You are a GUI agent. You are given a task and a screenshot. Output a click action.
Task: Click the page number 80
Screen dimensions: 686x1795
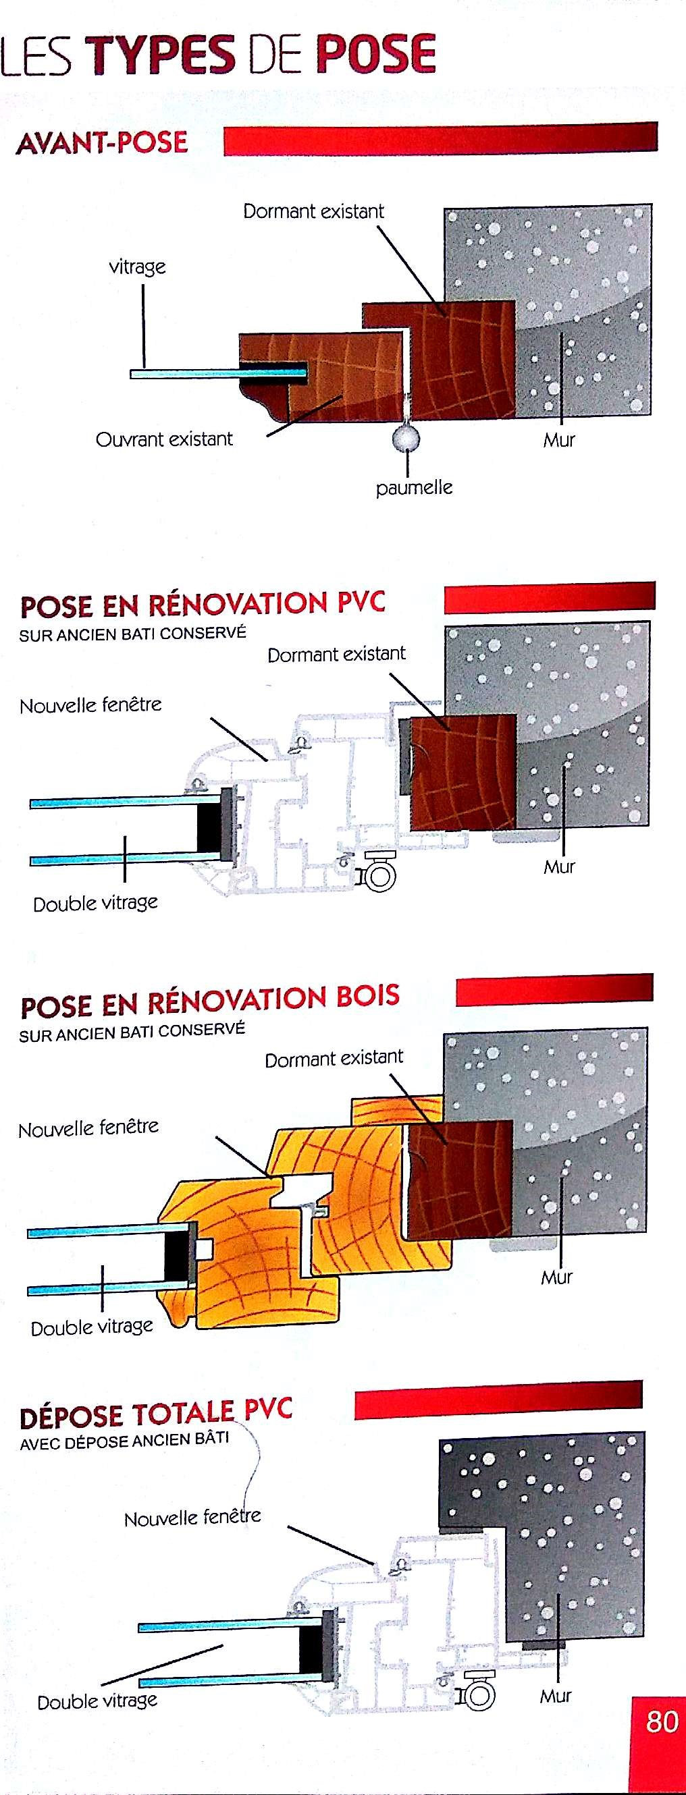661,1721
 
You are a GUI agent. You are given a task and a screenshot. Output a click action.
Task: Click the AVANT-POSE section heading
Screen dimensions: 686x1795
102,143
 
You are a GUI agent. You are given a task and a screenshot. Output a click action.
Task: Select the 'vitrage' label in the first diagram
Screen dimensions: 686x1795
137,267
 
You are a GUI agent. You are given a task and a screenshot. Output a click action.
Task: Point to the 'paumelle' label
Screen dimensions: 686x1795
414,487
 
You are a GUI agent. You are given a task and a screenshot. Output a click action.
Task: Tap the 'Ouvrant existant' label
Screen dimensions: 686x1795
165,439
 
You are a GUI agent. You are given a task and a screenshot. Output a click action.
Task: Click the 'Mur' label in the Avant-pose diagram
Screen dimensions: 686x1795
559,440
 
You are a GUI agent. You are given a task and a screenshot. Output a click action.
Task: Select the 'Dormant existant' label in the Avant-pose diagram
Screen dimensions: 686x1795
314,211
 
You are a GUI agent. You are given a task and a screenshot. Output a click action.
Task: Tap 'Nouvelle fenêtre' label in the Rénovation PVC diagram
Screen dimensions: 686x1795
90,705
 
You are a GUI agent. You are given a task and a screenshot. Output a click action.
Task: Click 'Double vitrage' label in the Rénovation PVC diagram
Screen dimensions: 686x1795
95,903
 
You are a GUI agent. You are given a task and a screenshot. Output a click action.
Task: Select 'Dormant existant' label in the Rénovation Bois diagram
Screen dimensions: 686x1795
334,1059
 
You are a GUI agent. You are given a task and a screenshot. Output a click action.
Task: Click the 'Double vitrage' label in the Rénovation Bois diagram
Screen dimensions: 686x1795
92,1327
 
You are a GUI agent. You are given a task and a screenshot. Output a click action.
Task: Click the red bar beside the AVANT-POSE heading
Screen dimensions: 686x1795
441,138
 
